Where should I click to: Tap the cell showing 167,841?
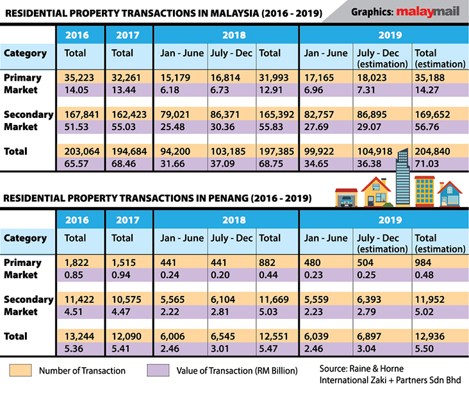tap(79, 115)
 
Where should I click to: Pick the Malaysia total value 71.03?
tap(429, 165)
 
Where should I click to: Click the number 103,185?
tap(227, 152)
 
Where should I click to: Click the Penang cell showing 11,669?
tap(272, 299)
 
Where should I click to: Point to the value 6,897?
tap(372, 336)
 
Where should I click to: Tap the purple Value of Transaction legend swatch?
tap(158, 370)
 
